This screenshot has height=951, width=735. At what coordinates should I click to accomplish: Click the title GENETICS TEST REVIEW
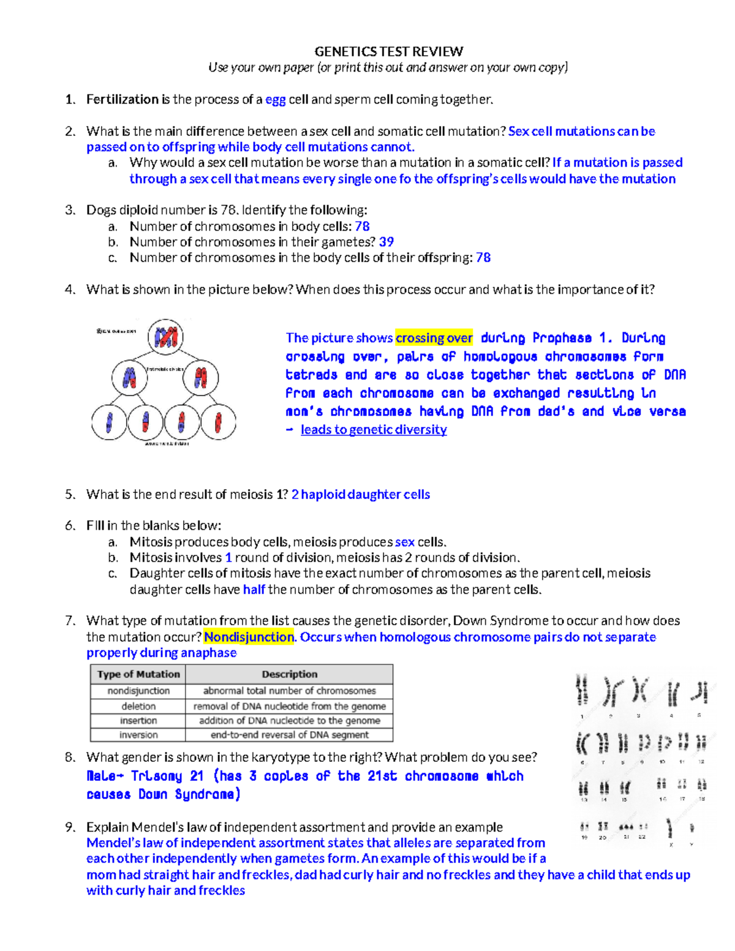pyautogui.click(x=388, y=51)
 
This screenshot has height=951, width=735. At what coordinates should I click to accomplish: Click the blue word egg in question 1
pyautogui.click(x=276, y=100)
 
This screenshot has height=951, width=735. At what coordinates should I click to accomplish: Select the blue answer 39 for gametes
pyautogui.click(x=386, y=242)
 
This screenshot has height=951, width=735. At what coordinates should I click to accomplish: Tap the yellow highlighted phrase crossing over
pyautogui.click(x=434, y=338)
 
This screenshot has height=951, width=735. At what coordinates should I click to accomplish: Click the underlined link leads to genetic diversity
pyautogui.click(x=374, y=430)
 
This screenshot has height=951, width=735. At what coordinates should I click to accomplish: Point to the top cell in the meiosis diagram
pyautogui.click(x=165, y=337)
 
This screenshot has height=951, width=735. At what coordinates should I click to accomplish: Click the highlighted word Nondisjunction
pyautogui.click(x=249, y=637)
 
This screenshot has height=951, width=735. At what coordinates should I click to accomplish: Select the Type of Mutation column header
pyautogui.click(x=138, y=674)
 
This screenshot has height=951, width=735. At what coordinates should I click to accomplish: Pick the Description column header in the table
pyautogui.click(x=289, y=674)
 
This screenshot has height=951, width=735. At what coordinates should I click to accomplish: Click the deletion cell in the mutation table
pyautogui.click(x=138, y=706)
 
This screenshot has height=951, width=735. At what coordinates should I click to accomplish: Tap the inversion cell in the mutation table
pyautogui.click(x=138, y=735)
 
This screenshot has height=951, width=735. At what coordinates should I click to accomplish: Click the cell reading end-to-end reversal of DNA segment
pyautogui.click(x=289, y=735)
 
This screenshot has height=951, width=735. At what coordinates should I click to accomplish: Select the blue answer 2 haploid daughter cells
pyautogui.click(x=360, y=495)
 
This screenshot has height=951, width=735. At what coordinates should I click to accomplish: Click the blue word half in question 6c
pyautogui.click(x=254, y=590)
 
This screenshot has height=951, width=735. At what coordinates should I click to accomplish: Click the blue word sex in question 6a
pyautogui.click(x=404, y=543)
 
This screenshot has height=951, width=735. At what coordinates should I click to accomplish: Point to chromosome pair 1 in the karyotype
pyautogui.click(x=582, y=691)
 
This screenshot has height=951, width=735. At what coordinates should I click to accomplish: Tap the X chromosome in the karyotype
pyautogui.click(x=671, y=828)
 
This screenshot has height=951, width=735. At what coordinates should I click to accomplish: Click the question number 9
pyautogui.click(x=70, y=827)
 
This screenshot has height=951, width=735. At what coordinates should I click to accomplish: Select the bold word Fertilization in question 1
pyautogui.click(x=123, y=100)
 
